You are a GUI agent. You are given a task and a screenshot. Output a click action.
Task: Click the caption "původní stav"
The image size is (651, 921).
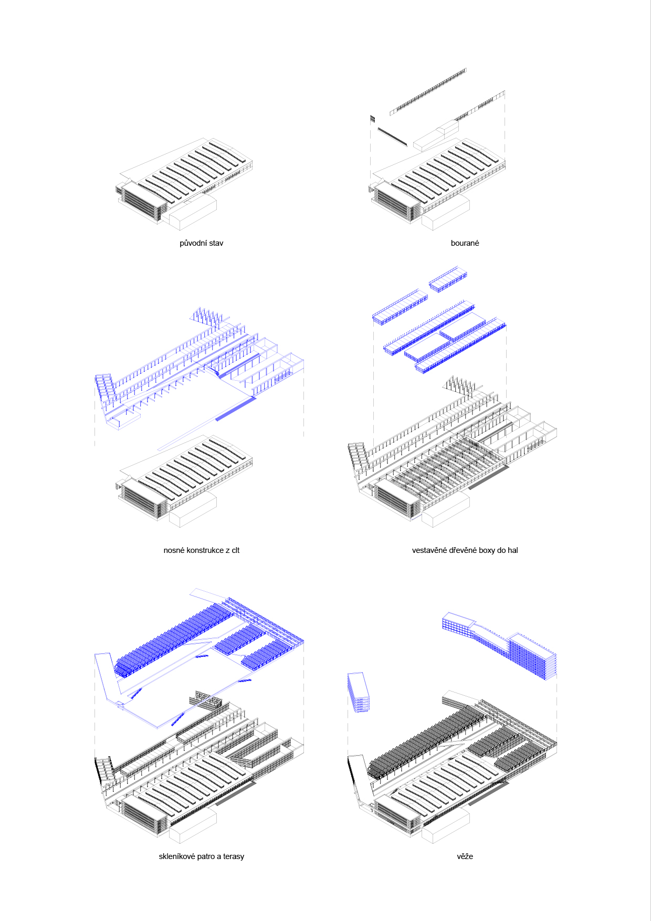(x=201, y=243)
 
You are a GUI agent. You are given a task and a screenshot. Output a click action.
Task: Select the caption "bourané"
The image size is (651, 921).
(x=465, y=243)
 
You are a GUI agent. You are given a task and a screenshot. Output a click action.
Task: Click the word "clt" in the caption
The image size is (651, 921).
(x=235, y=550)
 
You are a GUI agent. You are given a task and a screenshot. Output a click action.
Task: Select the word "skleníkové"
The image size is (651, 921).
(x=177, y=856)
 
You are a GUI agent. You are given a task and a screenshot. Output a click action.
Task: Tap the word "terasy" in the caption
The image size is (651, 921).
(x=234, y=856)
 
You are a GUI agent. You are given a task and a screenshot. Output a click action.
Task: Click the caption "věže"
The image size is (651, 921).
(x=465, y=856)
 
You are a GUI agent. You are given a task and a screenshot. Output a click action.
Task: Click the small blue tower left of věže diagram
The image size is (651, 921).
(x=358, y=692)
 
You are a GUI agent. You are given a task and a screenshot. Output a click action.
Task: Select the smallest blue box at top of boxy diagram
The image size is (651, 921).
(x=448, y=279)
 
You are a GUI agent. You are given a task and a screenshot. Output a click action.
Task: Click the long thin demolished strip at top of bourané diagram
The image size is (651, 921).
(x=428, y=91)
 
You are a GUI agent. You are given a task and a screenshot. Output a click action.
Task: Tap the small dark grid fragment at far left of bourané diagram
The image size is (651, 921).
(x=373, y=119)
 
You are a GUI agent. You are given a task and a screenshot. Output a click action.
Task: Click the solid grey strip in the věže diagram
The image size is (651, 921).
(x=488, y=793)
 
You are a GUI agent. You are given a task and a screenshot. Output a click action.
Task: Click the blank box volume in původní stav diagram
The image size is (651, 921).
(x=193, y=213)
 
